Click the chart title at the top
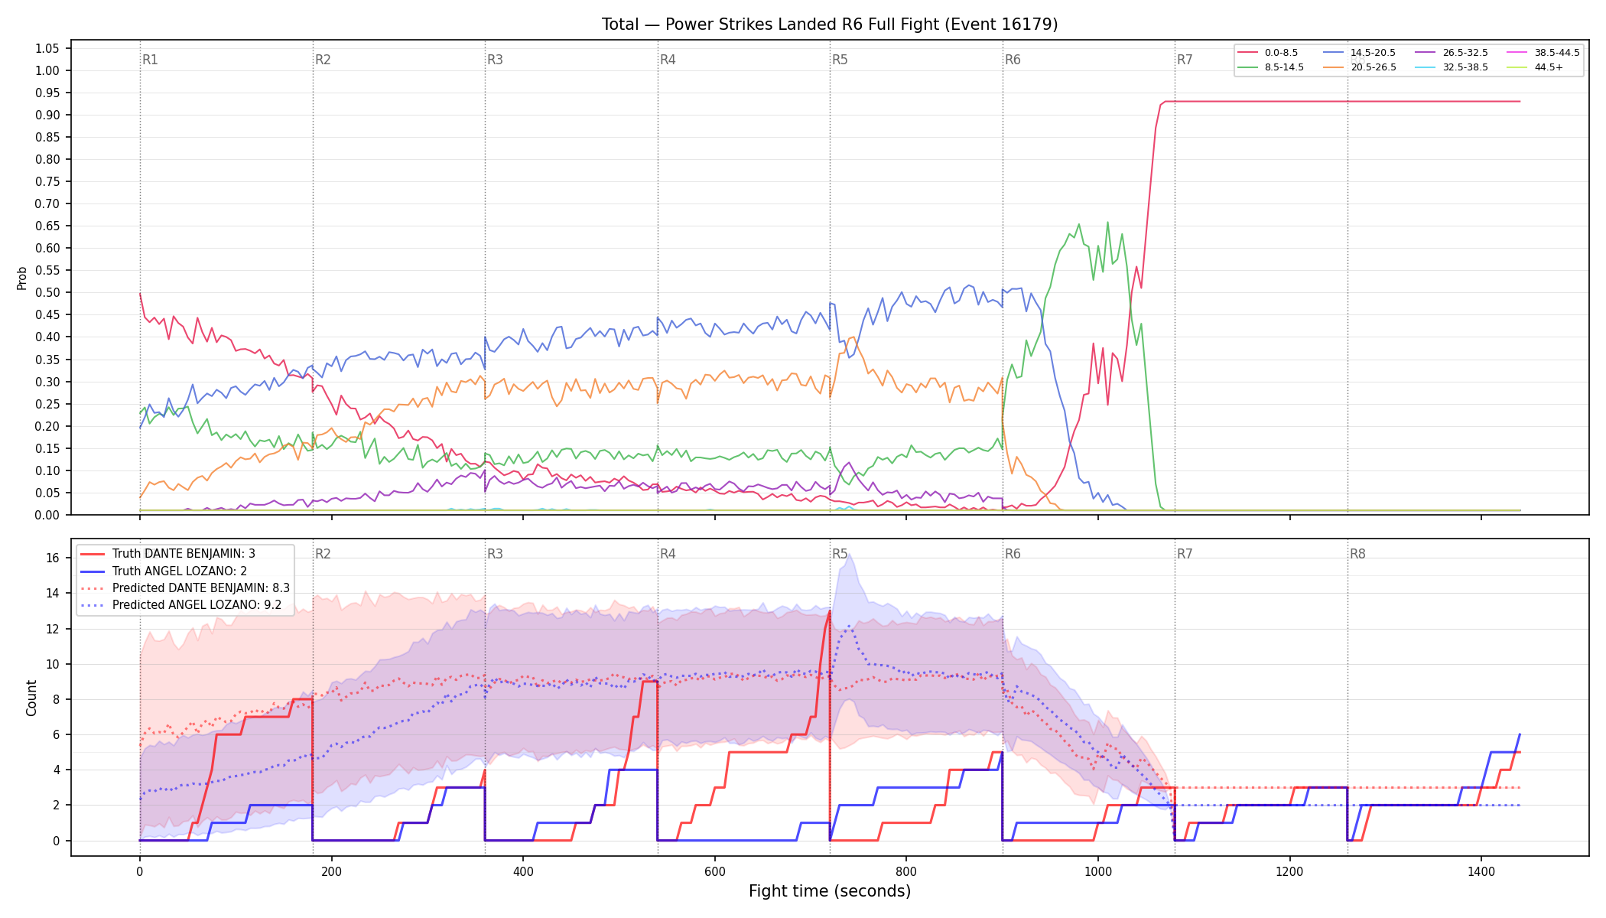click(x=830, y=24)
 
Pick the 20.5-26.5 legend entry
click(x=1361, y=67)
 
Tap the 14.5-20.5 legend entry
click(x=1361, y=53)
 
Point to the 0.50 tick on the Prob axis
click(x=47, y=293)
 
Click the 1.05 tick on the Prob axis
click(x=47, y=49)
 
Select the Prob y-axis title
click(x=22, y=278)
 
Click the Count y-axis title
click(x=31, y=698)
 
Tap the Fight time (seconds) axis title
click(x=830, y=891)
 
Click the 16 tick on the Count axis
click(x=53, y=558)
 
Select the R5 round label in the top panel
click(x=840, y=60)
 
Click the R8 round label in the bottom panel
click(x=1357, y=554)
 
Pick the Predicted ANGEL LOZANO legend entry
click(x=181, y=605)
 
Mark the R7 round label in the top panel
click(x=1185, y=60)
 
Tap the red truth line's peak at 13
click(x=830, y=610)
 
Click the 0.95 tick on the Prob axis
click(x=47, y=93)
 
